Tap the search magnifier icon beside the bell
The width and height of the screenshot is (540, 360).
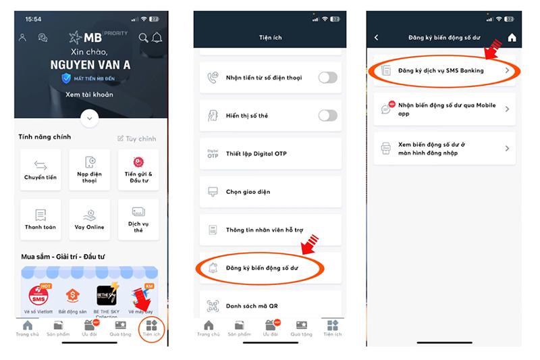coord(143,38)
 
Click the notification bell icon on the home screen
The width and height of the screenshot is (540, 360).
coord(157,38)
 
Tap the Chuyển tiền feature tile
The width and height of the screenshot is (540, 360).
coord(40,170)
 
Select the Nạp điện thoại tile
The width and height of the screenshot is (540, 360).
coord(90,170)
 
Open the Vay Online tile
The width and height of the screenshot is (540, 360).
coord(90,220)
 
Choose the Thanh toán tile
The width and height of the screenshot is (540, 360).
coord(40,220)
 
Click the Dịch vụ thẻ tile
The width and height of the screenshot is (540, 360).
coord(138,220)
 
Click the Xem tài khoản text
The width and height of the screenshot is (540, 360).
coord(90,95)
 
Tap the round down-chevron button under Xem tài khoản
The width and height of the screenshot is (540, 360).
coord(90,118)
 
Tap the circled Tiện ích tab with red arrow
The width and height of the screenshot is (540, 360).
coord(151,328)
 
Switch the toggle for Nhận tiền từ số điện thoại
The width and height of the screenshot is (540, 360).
coord(327,78)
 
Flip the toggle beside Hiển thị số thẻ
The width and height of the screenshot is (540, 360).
coord(327,115)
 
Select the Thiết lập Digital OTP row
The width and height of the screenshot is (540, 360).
coord(270,154)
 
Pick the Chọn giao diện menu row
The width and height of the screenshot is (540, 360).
coord(270,192)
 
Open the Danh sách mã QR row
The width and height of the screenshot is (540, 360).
coord(270,306)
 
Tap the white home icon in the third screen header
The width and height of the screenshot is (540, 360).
coord(512,38)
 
